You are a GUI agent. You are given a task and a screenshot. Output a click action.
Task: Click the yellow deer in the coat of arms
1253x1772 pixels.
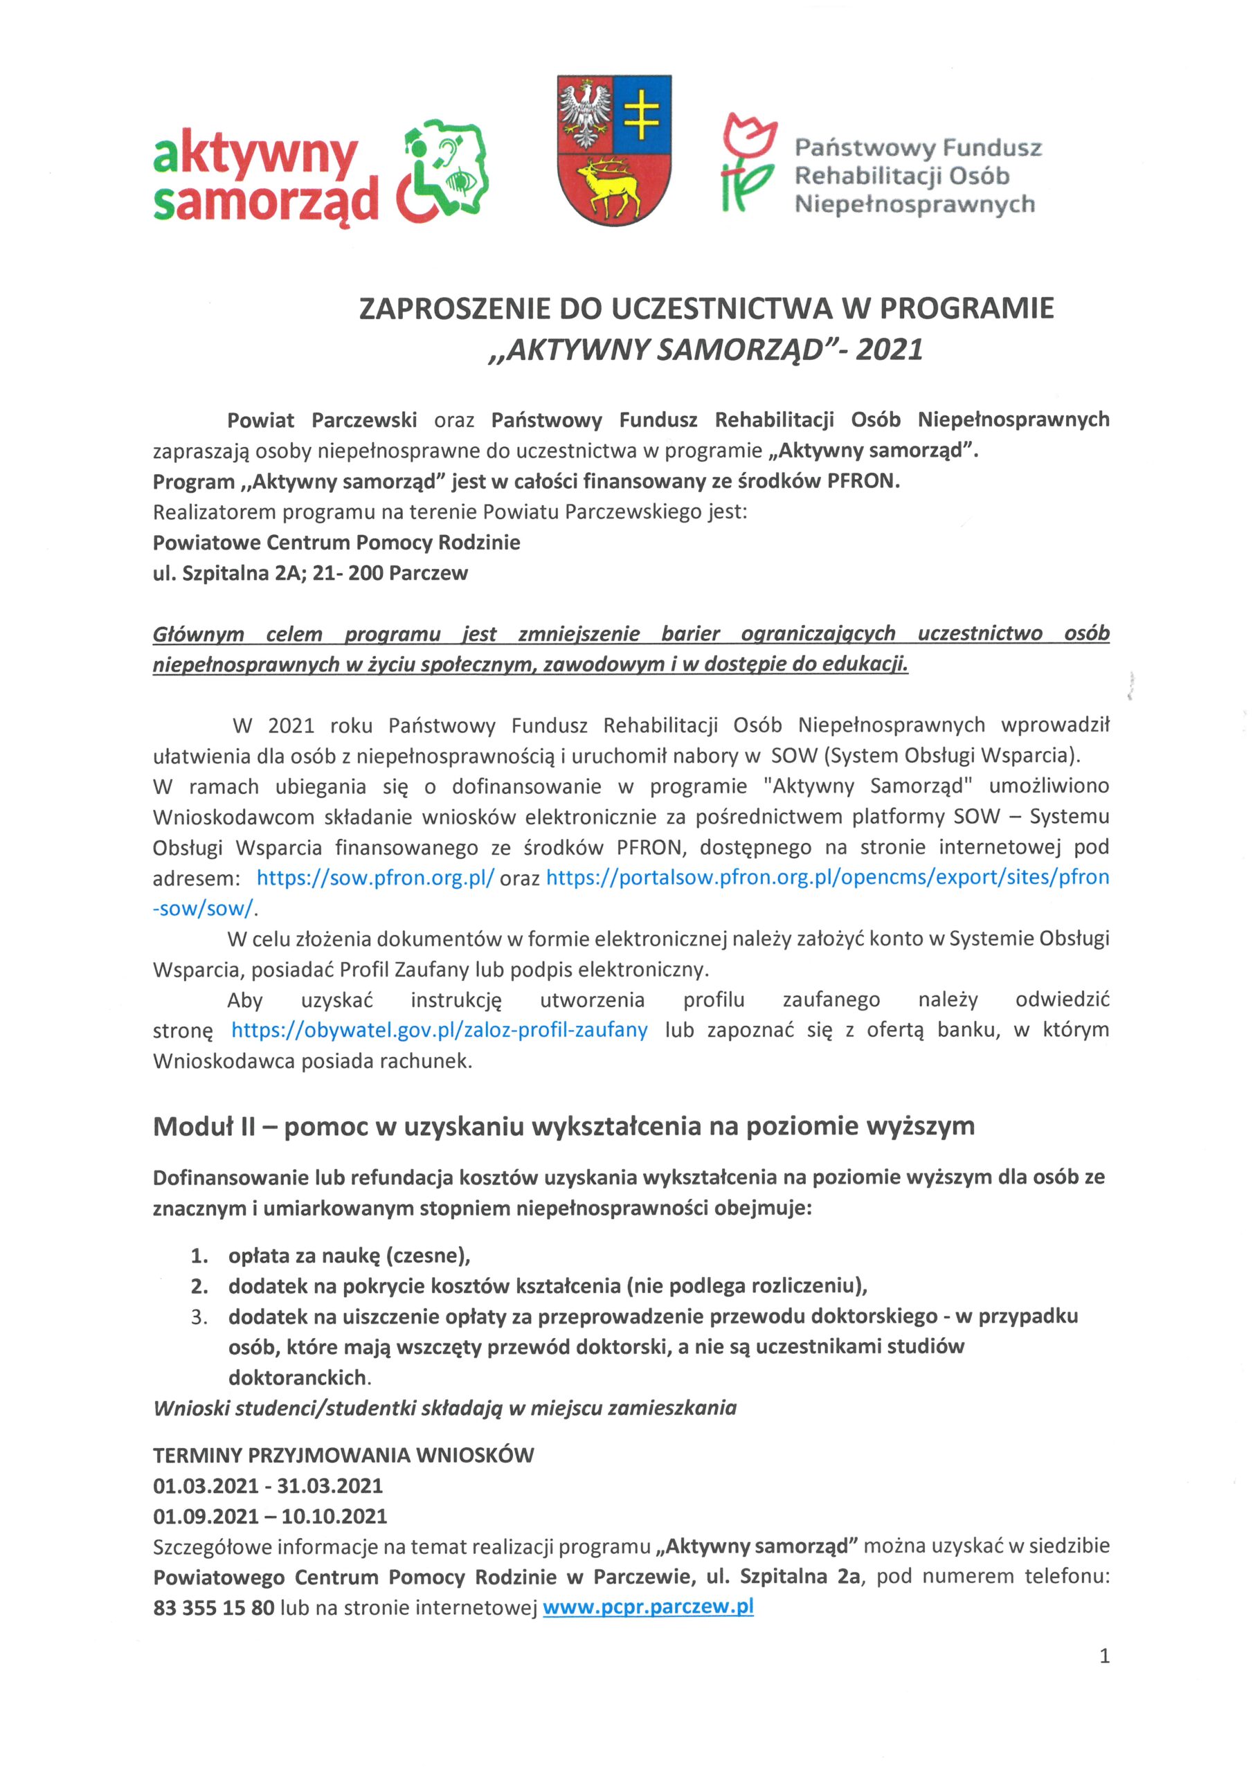[x=614, y=186]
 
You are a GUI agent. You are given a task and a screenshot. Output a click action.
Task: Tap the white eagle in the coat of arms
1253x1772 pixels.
[x=585, y=114]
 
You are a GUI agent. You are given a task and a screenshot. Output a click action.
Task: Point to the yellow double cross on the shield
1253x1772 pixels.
[x=642, y=114]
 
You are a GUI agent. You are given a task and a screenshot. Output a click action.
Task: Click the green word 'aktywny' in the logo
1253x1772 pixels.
[x=255, y=156]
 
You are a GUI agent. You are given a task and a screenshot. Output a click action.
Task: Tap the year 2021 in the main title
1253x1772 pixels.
[x=889, y=350]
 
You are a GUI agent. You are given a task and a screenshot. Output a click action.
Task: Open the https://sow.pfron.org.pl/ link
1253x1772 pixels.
[x=375, y=878]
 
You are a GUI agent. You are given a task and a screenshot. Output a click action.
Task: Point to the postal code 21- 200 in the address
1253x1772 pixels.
[x=349, y=573]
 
